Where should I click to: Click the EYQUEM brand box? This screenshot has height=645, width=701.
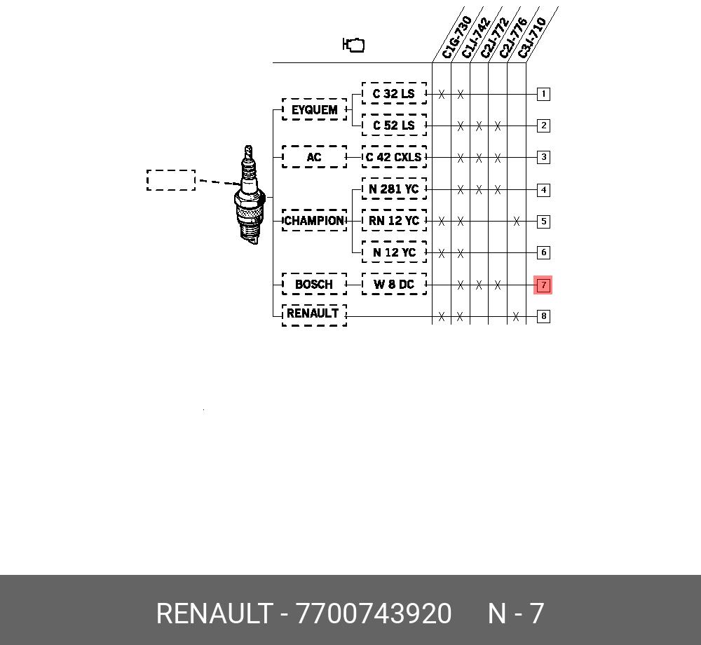tap(314, 109)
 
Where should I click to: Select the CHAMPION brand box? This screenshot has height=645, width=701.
tap(314, 220)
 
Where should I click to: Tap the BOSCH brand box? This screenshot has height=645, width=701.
tap(314, 284)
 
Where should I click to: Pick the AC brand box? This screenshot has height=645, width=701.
tap(314, 157)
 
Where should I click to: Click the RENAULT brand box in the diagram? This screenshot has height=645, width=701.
tap(314, 315)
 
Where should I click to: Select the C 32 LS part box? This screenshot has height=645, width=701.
tap(394, 93)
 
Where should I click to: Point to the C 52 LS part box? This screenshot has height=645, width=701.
tap(394, 125)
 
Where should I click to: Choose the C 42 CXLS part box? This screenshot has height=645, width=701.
tap(394, 157)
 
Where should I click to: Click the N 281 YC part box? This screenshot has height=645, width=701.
tap(394, 189)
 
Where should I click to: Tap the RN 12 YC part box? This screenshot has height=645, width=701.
tap(394, 220)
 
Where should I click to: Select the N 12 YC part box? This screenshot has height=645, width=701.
tap(394, 252)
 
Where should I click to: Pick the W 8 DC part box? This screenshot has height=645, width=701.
tap(394, 284)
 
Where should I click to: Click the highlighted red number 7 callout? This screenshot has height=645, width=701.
tap(543, 285)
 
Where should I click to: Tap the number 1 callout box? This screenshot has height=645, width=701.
tap(543, 94)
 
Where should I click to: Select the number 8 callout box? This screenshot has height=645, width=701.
tap(543, 316)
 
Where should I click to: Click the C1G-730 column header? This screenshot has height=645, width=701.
tap(456, 37)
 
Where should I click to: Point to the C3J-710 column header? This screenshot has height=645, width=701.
tap(532, 38)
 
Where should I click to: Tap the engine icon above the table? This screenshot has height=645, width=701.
tap(353, 45)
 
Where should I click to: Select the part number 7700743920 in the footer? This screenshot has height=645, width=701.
tap(374, 613)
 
